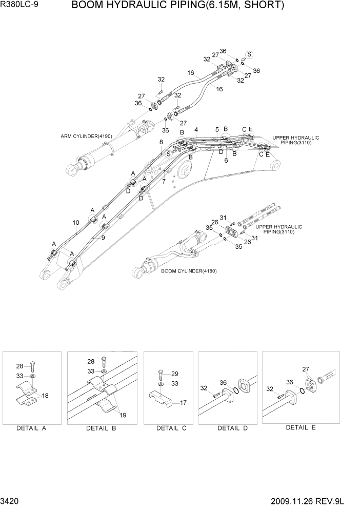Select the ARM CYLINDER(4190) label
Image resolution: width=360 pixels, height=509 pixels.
pyautogui.click(x=86, y=136)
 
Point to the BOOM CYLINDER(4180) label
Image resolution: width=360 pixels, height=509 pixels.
pyautogui.click(x=188, y=271)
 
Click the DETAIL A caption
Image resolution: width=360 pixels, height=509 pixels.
pyautogui.click(x=31, y=428)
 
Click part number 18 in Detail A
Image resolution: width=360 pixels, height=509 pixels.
pyautogui.click(x=45, y=396)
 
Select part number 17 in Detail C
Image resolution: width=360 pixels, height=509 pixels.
pyautogui.click(x=183, y=403)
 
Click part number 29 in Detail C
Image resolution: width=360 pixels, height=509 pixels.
pyautogui.click(x=175, y=374)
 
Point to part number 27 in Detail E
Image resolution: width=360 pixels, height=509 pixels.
pyautogui.click(x=306, y=369)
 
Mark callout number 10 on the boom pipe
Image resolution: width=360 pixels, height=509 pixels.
pyautogui.click(x=75, y=223)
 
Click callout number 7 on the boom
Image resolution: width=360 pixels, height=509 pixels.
pyautogui.click(x=164, y=181)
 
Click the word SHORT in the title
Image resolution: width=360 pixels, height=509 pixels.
pyautogui.click(x=260, y=6)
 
